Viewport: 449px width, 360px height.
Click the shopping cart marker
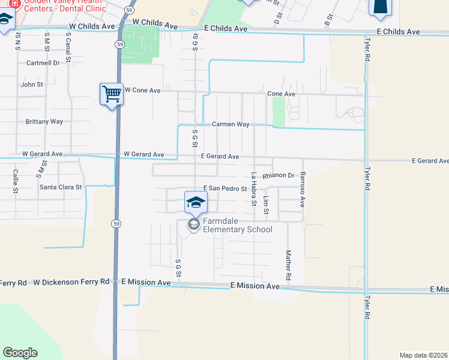pyautogui.click(x=112, y=94)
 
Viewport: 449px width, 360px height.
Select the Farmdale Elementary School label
pyautogui.click(x=237, y=226)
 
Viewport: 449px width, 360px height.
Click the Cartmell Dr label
pyautogui.click(x=43, y=62)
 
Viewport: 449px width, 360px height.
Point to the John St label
pyautogui.click(x=32, y=85)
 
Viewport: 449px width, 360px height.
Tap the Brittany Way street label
pyautogui.click(x=44, y=121)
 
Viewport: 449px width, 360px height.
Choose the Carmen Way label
pyautogui.click(x=231, y=124)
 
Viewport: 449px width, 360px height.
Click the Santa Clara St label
pyautogui.click(x=61, y=187)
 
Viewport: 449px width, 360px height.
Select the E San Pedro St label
pyautogui.click(x=225, y=188)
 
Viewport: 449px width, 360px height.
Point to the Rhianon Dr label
pyautogui.click(x=278, y=176)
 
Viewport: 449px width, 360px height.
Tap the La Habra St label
pyautogui.click(x=254, y=189)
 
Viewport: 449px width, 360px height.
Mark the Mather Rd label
pyautogui.click(x=288, y=266)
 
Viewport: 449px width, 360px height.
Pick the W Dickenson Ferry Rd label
pyautogui.click(x=71, y=281)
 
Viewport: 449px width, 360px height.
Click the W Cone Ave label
pyautogui.click(x=142, y=90)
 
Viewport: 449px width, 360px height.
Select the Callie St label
pyautogui.click(x=16, y=181)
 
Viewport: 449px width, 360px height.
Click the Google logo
pyautogui.click(x=20, y=353)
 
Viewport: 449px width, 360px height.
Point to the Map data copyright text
pyautogui.click(x=423, y=355)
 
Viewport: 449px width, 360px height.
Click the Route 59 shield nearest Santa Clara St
pyautogui.click(x=114, y=223)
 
